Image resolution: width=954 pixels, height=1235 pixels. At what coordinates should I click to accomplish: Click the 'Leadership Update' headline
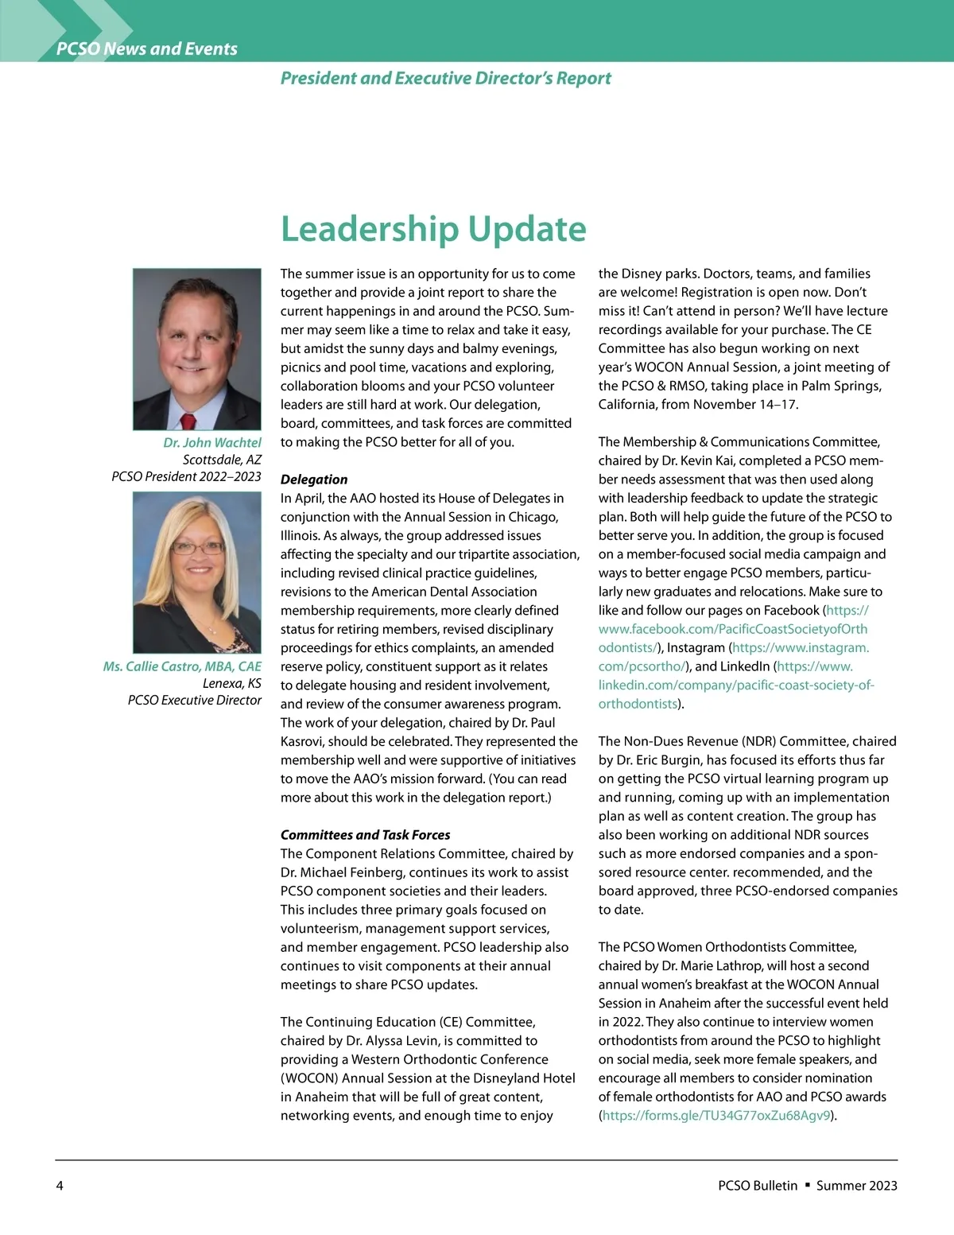pyautogui.click(x=433, y=229)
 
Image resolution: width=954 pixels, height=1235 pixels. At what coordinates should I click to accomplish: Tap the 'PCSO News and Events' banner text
pyautogui.click(x=147, y=49)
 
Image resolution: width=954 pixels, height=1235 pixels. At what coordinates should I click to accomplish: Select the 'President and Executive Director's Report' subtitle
pyautogui.click(x=445, y=78)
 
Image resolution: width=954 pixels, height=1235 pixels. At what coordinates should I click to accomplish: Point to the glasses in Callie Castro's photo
pyautogui.click(x=197, y=547)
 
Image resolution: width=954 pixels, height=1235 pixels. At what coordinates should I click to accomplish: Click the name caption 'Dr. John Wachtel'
pyautogui.click(x=212, y=442)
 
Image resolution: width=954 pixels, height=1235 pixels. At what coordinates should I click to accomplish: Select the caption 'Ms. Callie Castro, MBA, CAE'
pyautogui.click(x=182, y=666)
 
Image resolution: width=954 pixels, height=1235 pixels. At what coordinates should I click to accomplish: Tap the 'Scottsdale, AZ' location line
pyautogui.click(x=222, y=460)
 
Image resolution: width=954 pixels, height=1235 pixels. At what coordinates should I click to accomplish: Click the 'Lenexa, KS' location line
pyautogui.click(x=231, y=683)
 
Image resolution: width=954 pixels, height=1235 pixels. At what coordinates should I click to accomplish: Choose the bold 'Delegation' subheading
pyautogui.click(x=314, y=480)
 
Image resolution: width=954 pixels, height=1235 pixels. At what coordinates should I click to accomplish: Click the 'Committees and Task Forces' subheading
pyautogui.click(x=365, y=835)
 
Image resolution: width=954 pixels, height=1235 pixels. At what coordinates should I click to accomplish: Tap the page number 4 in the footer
pyautogui.click(x=60, y=1186)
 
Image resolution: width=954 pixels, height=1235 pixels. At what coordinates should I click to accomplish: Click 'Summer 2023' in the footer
pyautogui.click(x=856, y=1186)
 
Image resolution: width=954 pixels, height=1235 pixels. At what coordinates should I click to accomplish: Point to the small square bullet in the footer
pyautogui.click(x=807, y=1185)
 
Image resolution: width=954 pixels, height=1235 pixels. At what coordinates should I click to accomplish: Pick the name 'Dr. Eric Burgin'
pyautogui.click(x=665, y=760)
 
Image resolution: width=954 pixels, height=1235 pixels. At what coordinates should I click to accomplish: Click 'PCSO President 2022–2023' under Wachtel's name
pyautogui.click(x=186, y=476)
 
